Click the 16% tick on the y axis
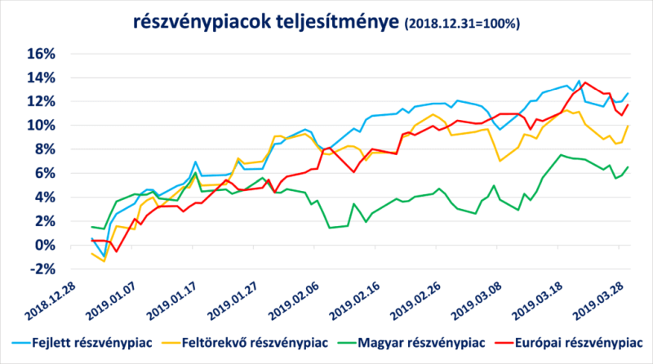click(40, 54)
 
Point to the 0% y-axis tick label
click(44, 246)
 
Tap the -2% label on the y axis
click(42, 269)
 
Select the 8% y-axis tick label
click(44, 149)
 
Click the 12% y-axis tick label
click(40, 101)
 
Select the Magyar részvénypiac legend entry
click(428, 340)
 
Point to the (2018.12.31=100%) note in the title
click(461, 24)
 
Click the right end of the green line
click(628, 166)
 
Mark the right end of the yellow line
click(628, 126)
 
